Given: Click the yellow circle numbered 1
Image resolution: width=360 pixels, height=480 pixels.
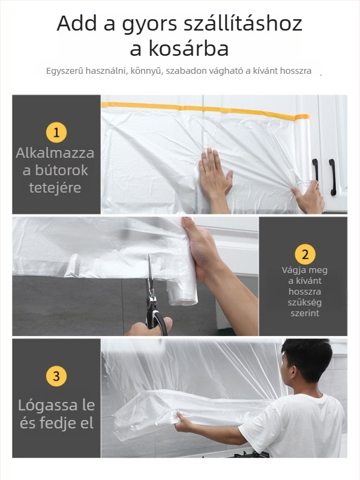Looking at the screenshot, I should [56, 132].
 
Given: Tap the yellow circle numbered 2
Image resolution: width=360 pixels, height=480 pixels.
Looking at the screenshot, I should [305, 254].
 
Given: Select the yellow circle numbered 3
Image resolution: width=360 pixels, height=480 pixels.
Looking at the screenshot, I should [56, 376].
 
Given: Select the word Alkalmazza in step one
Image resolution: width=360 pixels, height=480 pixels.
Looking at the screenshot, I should [55, 153].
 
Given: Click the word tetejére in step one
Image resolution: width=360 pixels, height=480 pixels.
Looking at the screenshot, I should [55, 188].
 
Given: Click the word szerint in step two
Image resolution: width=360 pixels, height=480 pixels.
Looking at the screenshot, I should [305, 313].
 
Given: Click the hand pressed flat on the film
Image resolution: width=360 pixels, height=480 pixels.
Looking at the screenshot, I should [214, 174].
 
